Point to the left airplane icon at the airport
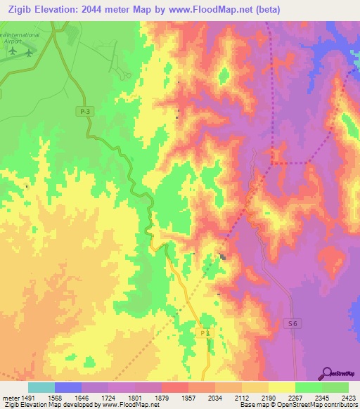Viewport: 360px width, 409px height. [12, 51]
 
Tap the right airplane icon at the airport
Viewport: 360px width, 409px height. [28, 53]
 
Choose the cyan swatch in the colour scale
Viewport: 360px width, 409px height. [41, 387]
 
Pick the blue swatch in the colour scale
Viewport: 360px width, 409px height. [67, 387]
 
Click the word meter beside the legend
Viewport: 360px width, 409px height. [8, 396]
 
